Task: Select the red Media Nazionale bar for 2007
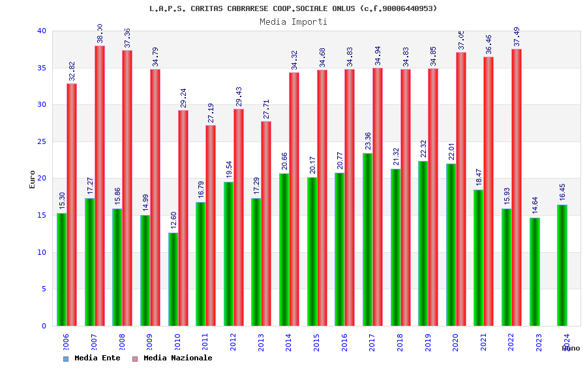coord(100,186)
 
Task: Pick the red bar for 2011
coord(211,225)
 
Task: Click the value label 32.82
coord(72,72)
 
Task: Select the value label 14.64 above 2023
coord(535,205)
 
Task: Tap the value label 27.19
coord(211,113)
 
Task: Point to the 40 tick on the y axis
coord(42,31)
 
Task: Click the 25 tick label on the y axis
coord(42,141)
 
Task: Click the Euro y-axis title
coord(33,179)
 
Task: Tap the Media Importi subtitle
coord(293,22)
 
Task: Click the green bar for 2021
coord(479,257)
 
